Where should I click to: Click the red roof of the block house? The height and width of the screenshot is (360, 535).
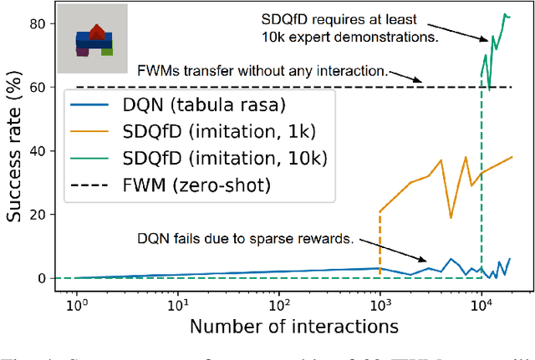(x=98, y=32)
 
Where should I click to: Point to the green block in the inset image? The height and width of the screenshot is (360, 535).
(x=107, y=51)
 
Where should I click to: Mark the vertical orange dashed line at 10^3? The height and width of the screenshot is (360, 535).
(x=380, y=242)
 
